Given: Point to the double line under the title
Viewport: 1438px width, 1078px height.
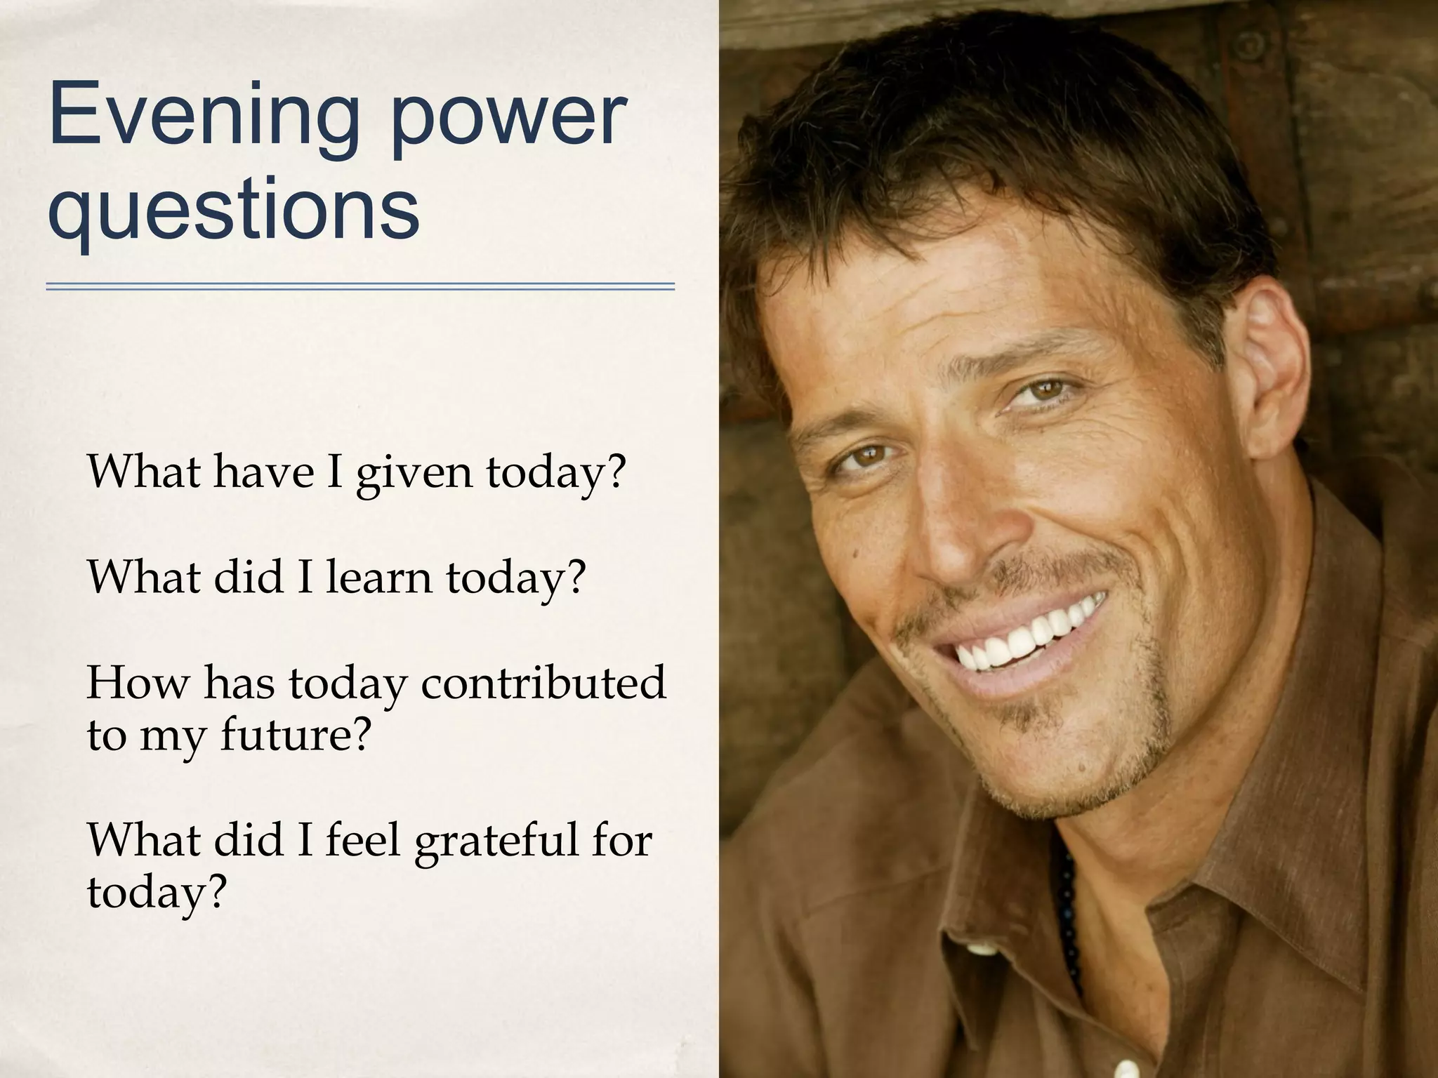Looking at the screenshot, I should click(x=360, y=286).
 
